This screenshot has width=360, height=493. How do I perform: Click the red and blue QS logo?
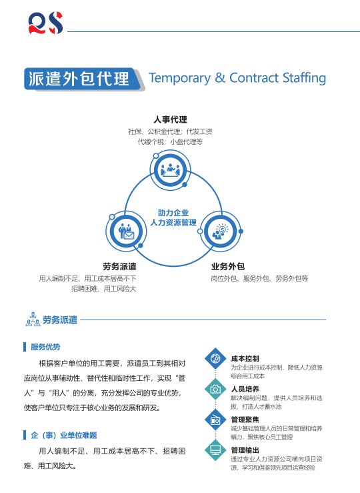(x=45, y=23)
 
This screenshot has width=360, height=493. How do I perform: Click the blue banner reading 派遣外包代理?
(x=82, y=79)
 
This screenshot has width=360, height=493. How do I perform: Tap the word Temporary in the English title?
(x=180, y=78)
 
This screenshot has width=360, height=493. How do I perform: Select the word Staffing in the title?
(x=304, y=78)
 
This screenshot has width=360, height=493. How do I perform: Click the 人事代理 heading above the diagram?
(x=170, y=119)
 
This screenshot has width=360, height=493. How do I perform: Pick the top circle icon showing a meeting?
(x=170, y=170)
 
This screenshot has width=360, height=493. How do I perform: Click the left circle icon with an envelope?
(x=126, y=231)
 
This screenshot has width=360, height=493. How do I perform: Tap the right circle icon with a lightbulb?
(x=221, y=231)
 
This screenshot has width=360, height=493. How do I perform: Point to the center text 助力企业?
(x=173, y=213)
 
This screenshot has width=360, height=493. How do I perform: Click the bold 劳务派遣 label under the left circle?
(x=119, y=267)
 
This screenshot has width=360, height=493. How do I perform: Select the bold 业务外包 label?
(x=228, y=267)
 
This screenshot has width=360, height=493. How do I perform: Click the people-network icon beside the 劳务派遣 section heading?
(x=33, y=319)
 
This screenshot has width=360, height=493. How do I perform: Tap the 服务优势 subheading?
(x=45, y=347)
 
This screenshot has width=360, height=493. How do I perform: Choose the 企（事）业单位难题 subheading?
(x=64, y=436)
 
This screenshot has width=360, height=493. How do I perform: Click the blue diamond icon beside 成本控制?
(x=215, y=358)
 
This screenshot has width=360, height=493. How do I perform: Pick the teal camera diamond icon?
(x=215, y=389)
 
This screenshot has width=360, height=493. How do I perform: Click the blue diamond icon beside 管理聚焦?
(x=215, y=420)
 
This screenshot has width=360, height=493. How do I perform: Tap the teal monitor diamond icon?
(x=215, y=450)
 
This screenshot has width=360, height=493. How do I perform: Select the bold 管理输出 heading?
(x=245, y=450)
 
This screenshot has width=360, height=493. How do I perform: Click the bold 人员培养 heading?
(x=245, y=389)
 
